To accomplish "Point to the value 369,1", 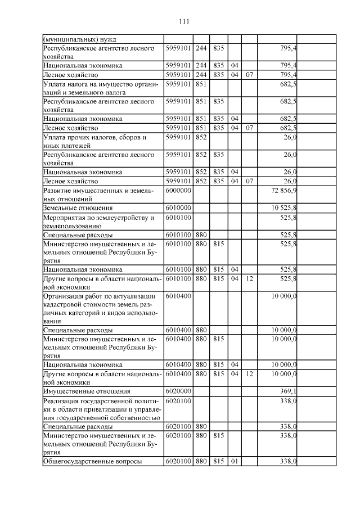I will click(x=287, y=391).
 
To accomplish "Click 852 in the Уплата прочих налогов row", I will click(x=201, y=137).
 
